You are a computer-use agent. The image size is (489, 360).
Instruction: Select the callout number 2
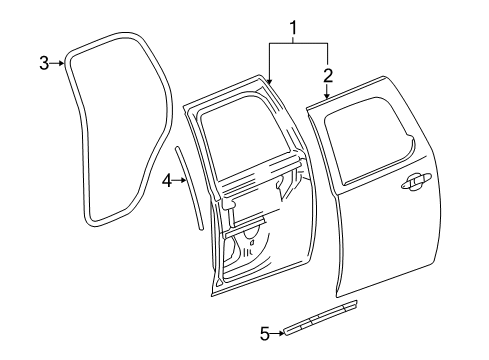tap(328, 73)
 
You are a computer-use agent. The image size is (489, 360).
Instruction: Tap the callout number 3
tap(43, 64)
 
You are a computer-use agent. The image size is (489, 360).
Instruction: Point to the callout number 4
tap(169, 180)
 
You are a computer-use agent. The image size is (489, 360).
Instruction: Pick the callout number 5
tap(264, 334)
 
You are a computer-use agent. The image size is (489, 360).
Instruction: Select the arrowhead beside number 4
tap(184, 180)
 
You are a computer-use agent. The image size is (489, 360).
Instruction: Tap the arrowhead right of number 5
tap(281, 334)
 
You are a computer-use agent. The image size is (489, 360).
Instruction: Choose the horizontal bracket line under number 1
tap(298, 42)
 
